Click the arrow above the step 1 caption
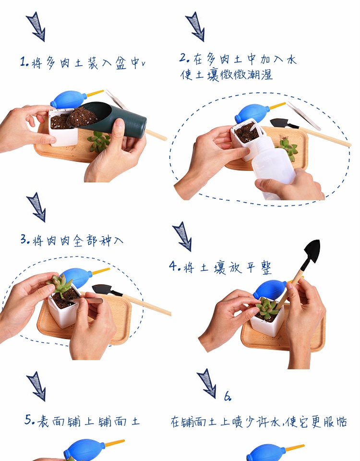click(x=36, y=26)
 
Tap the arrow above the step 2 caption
click(x=195, y=26)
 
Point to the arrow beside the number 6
click(x=207, y=383)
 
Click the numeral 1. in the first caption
click(x=24, y=62)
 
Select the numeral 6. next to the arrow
click(x=228, y=397)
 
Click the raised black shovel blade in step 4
click(x=312, y=252)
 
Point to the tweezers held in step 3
click(x=87, y=300)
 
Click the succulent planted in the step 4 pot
click(x=267, y=308)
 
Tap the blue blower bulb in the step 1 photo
click(x=68, y=99)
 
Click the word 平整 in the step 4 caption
click(x=259, y=268)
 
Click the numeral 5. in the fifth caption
click(x=30, y=420)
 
